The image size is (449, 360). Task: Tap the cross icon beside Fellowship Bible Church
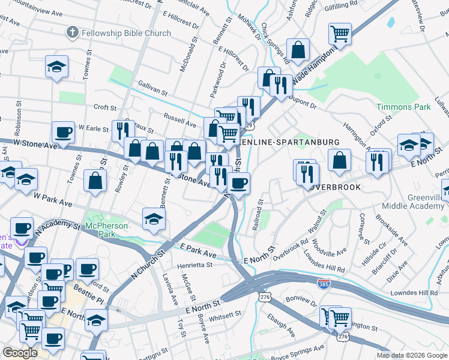73,32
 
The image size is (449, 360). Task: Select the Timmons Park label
403,107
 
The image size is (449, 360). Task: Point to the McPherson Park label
107,226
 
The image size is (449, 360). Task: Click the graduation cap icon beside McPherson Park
154,219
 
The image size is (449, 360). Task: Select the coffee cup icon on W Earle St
62,132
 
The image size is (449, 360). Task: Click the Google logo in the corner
20,353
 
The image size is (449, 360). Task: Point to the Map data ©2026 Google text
412,355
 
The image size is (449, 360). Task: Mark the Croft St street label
105,107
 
